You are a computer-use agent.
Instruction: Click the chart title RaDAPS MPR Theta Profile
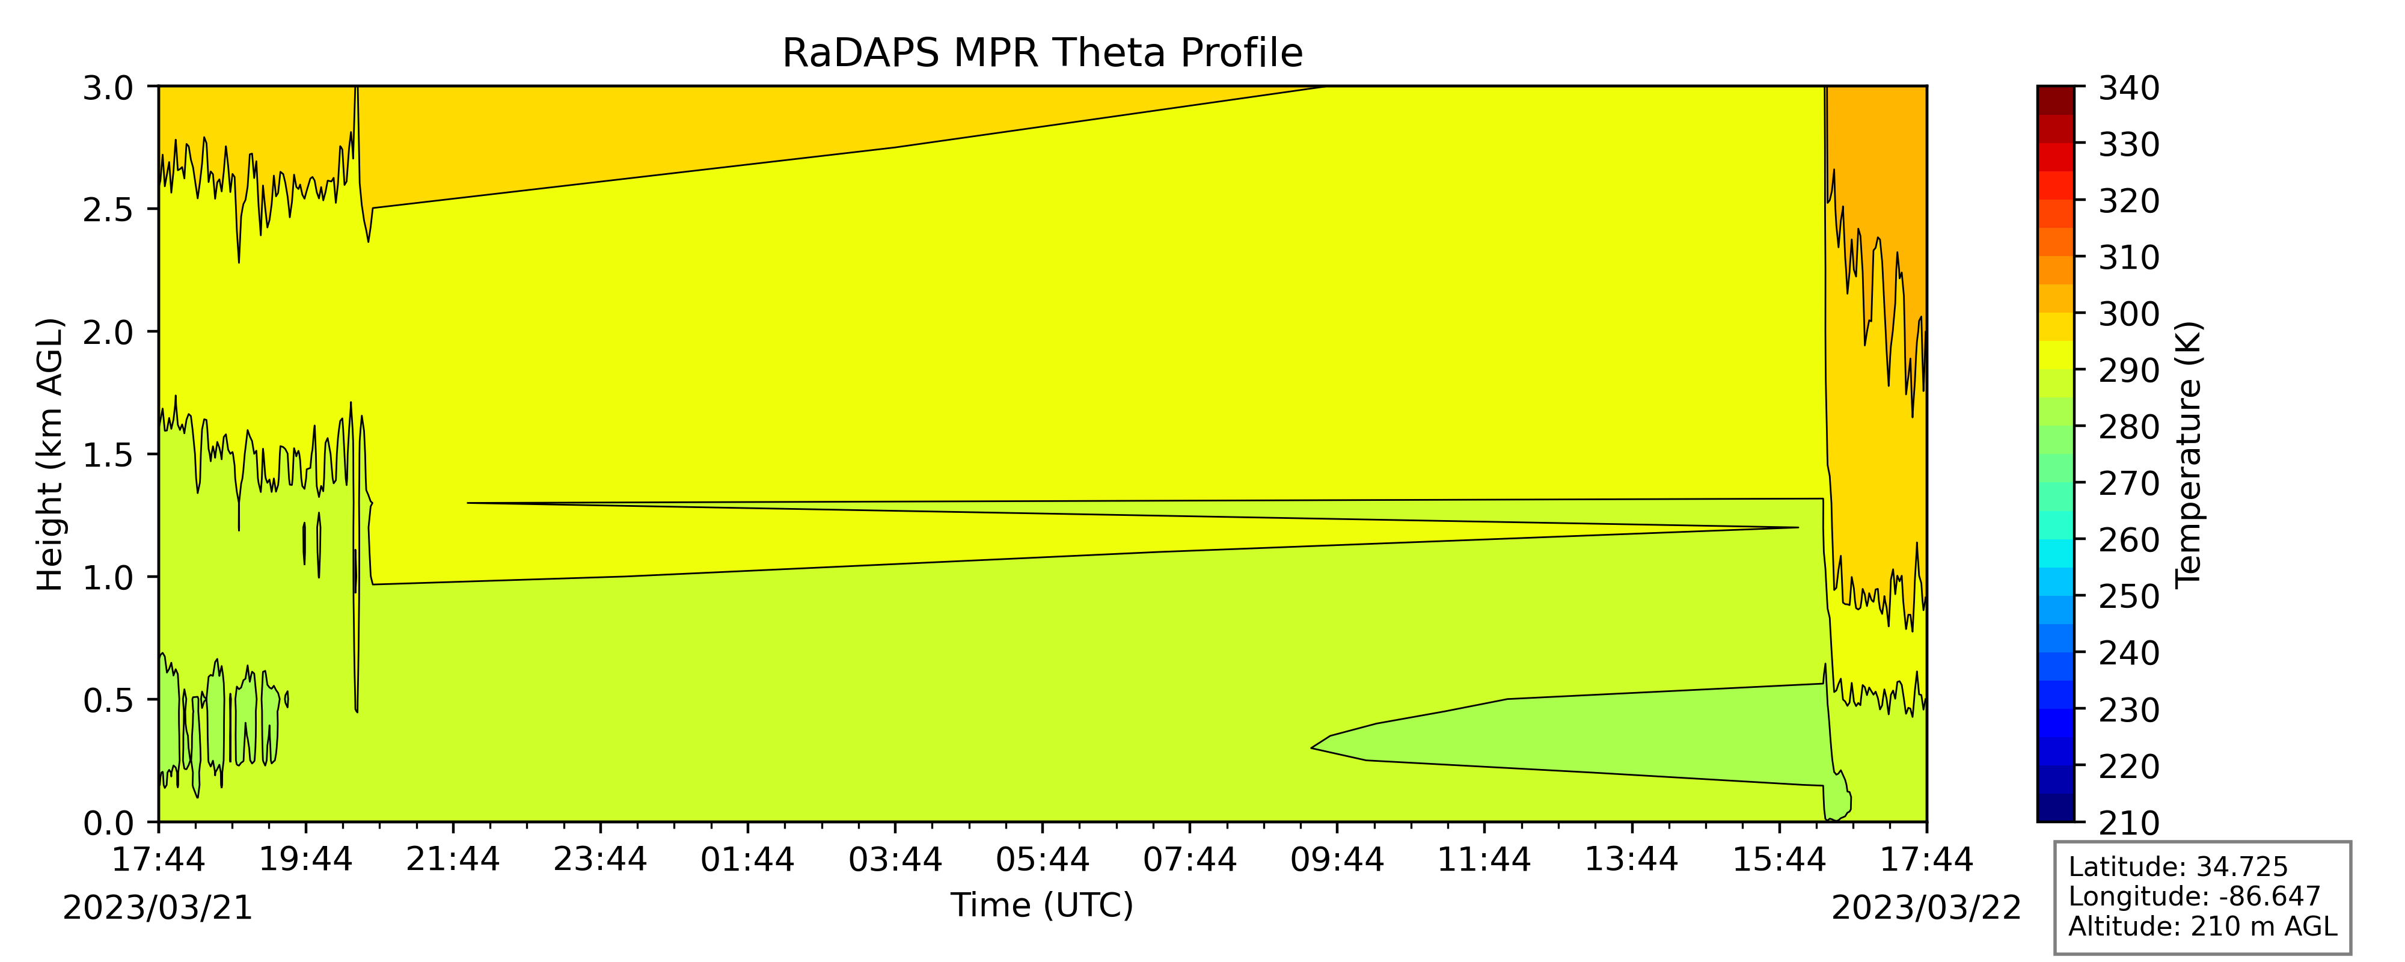pos(1042,54)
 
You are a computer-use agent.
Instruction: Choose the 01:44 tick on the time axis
pos(748,859)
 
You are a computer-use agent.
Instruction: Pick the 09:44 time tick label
pos(1337,859)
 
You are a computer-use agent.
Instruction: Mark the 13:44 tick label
pos(1632,859)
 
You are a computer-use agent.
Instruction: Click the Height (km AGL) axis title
pos(51,455)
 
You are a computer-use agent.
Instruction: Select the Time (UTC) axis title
pos(1042,905)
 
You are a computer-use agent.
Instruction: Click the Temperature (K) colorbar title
pos(2189,455)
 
